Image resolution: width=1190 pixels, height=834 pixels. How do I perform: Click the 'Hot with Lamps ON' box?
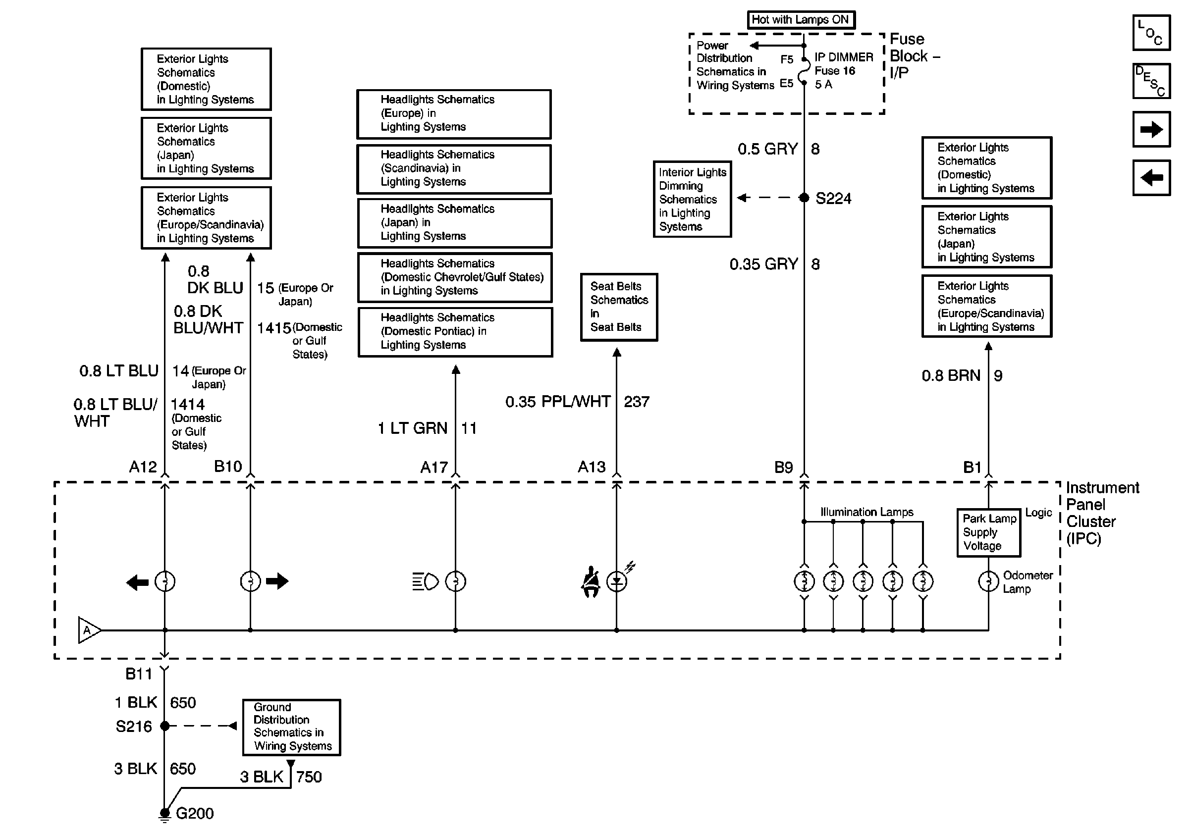800,20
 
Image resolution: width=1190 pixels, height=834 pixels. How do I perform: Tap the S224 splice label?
833,199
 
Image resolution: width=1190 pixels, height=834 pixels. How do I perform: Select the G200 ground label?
194,813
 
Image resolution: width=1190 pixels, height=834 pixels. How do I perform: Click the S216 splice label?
134,726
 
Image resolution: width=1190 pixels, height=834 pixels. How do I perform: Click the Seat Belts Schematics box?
618,307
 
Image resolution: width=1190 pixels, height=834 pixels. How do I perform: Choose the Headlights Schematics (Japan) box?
454,223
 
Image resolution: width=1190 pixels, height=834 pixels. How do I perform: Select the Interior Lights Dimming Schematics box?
692,200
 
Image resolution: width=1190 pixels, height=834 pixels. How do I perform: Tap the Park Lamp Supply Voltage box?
988,532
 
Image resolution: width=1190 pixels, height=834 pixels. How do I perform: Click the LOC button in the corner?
1151,33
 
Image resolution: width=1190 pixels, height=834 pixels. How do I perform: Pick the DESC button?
1151,81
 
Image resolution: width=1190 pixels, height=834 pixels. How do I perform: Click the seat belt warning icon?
591,582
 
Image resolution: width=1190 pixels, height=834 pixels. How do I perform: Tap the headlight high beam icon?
425,582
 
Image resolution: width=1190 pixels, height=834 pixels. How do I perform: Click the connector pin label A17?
434,467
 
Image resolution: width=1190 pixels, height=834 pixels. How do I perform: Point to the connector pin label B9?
783,467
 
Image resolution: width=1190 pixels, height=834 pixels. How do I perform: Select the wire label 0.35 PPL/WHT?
558,402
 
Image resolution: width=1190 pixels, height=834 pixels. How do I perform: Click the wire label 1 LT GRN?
413,428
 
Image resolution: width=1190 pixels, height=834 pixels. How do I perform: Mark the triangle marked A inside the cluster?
89,630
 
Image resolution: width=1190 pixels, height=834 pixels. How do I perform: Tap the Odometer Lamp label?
1028,582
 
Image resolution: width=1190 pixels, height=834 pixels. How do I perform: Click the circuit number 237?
637,402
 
